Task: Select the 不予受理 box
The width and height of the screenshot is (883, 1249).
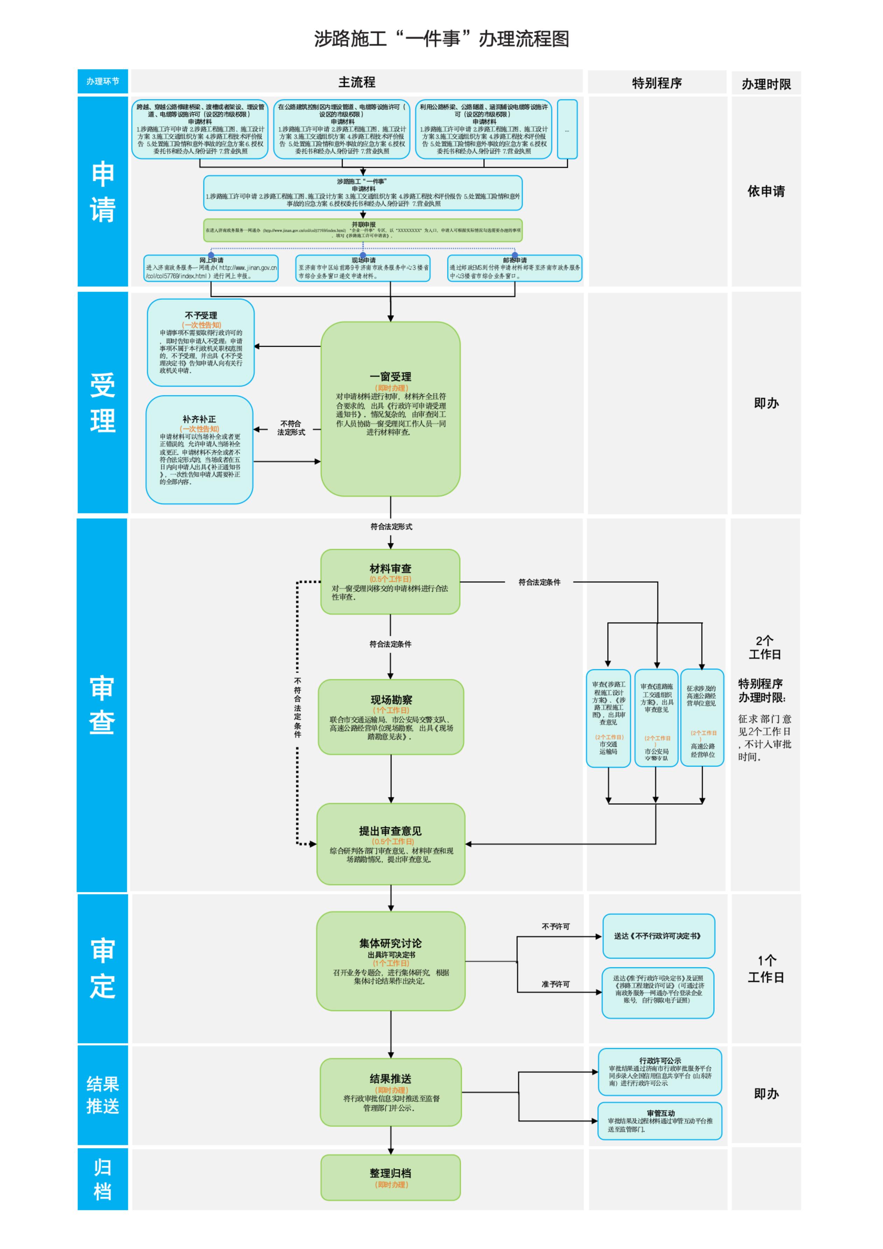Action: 201,343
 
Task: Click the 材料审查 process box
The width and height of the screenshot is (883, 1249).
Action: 390,581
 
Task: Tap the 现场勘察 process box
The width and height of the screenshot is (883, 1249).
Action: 391,717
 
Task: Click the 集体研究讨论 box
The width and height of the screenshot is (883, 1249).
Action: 391,961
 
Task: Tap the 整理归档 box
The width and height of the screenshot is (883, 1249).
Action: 391,1177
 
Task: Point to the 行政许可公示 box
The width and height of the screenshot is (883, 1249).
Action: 659,1072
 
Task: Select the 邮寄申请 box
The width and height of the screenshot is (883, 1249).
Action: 514,268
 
